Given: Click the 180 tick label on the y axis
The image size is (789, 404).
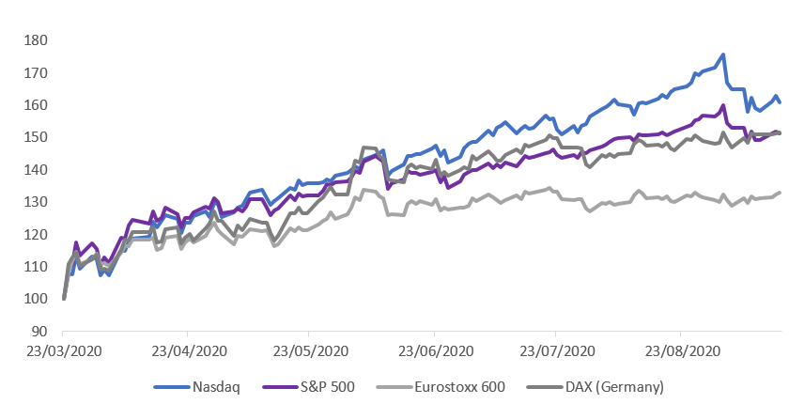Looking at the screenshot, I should (36, 40).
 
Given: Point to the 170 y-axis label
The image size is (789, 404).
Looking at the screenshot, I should (36, 72).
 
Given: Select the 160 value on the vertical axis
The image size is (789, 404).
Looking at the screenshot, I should (36, 105).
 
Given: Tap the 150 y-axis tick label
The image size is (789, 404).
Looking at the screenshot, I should (36, 137).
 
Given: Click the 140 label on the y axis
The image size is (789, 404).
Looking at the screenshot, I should (36, 170).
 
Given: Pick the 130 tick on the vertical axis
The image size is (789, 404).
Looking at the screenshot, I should (36, 202).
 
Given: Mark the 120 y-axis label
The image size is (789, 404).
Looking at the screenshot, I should (36, 235).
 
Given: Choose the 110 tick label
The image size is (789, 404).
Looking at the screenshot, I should (36, 267).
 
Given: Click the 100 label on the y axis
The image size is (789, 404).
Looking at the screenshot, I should (36, 300).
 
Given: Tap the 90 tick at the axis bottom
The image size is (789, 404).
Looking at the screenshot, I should (39, 332).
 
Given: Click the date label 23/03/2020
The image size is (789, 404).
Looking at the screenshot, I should (63, 350).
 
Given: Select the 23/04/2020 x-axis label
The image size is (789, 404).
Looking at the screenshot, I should (187, 350).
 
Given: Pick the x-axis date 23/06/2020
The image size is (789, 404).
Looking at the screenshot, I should (433, 350).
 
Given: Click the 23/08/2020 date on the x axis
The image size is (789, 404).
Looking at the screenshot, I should (679, 350).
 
